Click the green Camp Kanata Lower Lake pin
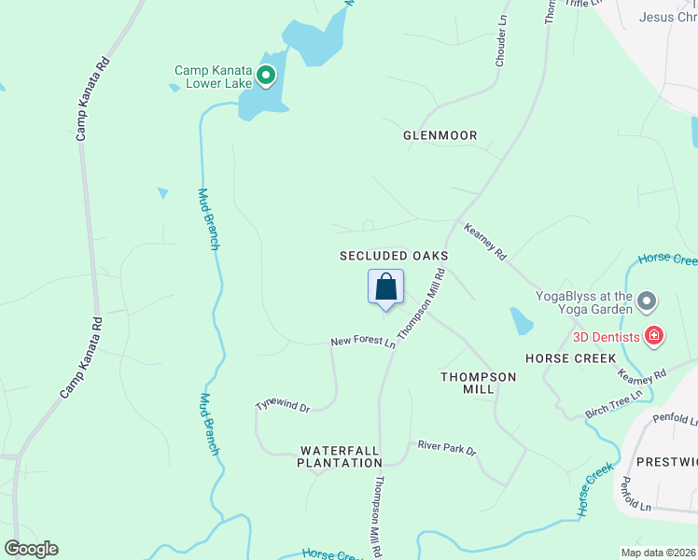(266, 77)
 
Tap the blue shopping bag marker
(385, 288)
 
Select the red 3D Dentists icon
(654, 336)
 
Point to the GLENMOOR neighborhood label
(440, 135)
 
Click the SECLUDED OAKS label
(394, 255)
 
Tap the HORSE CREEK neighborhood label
(570, 358)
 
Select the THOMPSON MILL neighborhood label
(478, 383)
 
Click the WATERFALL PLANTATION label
(340, 455)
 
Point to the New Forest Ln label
(363, 343)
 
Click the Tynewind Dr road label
(283, 406)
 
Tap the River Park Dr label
(447, 448)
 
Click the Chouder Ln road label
(501, 39)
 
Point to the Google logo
(31, 549)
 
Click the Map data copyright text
(658, 553)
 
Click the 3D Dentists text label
(607, 336)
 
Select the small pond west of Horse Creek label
(522, 321)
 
